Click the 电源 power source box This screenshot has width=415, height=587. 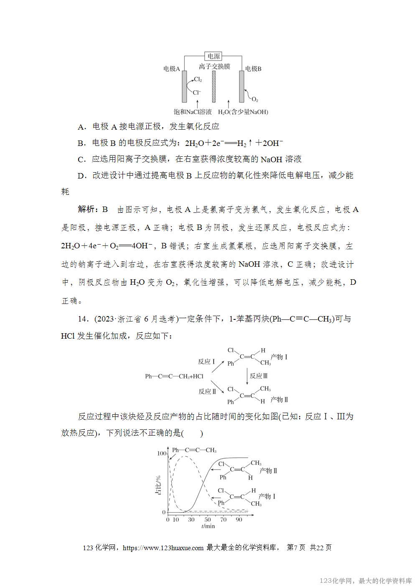214,56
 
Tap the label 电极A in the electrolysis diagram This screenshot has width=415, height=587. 171,69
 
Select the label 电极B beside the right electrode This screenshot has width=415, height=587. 253,69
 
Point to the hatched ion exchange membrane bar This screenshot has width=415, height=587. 214,86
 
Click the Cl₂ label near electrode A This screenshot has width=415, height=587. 198,79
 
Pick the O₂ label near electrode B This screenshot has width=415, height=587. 255,100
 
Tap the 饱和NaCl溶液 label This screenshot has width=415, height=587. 193,112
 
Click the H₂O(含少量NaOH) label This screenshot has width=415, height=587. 243,112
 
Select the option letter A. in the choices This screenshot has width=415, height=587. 82,127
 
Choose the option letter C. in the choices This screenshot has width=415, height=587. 82,159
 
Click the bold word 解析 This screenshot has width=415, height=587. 88,209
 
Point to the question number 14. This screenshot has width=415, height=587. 83,319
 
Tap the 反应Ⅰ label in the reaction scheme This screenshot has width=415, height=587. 206,362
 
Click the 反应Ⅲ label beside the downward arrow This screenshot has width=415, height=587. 259,376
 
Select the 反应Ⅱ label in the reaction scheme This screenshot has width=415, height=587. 207,391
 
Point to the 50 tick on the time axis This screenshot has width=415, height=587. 207,520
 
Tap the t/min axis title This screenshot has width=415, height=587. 208,526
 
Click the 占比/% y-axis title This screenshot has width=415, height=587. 158,485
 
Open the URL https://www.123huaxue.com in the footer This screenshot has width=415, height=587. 163,548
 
